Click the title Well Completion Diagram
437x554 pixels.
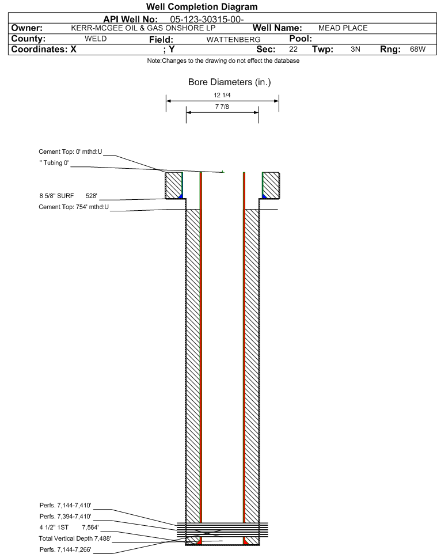[202, 7]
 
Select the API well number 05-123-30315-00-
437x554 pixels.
[207, 20]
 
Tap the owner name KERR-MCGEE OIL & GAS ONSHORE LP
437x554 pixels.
[143, 28]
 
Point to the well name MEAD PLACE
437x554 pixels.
[343, 28]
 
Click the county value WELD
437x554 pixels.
[96, 39]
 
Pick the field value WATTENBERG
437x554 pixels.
[233, 40]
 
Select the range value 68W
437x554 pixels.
[417, 49]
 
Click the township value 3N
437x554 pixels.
[355, 49]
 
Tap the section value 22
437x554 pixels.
[293, 49]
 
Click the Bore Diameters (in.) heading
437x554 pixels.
[229, 82]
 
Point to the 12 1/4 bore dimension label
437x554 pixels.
[222, 95]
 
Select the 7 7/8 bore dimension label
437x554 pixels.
[222, 107]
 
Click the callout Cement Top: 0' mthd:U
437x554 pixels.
[70, 152]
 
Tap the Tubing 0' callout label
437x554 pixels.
[54, 163]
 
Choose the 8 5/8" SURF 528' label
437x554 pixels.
[68, 196]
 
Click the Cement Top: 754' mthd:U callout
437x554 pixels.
[74, 207]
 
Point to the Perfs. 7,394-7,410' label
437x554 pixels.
[66, 517]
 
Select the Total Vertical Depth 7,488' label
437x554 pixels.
[75, 538]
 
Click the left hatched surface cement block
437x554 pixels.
[174, 185]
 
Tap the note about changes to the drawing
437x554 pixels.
[223, 61]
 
